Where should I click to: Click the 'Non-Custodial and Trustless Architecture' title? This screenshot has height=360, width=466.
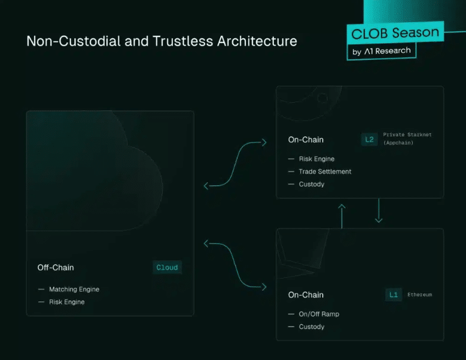pos(162,41)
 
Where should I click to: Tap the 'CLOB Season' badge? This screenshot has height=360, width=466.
pos(395,33)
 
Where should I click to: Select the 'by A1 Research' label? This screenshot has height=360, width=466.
pos(382,51)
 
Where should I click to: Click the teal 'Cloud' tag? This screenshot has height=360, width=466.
pos(167,267)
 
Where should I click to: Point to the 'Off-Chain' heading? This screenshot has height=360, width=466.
pos(56,268)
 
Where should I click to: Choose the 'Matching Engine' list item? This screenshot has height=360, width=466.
pos(74,289)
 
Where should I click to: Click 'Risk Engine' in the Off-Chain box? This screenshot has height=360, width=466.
pos(67,302)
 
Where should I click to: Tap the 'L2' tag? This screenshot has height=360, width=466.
pos(370,139)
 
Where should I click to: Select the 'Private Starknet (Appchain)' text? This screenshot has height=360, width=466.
pos(407,139)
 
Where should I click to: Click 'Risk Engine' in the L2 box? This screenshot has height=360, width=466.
pos(316,159)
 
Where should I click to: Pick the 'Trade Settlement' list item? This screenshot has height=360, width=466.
pos(325,172)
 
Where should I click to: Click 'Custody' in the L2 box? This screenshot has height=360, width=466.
pos(312,184)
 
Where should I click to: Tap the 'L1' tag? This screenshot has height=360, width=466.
pos(394,295)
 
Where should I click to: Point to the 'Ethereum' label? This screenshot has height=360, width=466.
pos(419,295)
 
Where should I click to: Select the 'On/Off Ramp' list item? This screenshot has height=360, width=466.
pos(319,314)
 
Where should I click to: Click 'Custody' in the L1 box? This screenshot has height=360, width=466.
pos(312,327)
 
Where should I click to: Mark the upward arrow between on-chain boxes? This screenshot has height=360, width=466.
pos(342,216)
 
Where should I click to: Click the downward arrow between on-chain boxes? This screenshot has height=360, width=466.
pos(379,210)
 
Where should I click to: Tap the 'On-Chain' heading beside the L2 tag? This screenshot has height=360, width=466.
pos(306,139)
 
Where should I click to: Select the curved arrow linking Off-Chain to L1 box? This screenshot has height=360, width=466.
pos(234,265)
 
